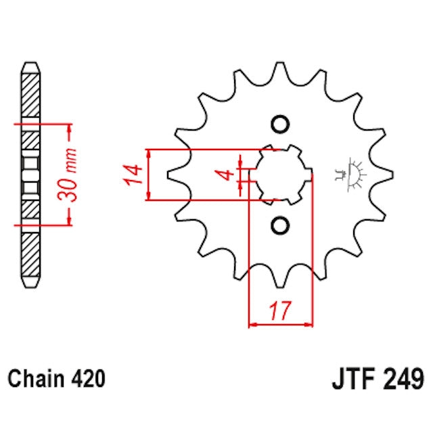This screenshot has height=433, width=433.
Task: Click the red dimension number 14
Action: coord(133,175)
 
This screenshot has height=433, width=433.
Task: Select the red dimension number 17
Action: coord(281,312)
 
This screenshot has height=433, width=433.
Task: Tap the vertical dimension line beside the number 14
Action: coord(148,175)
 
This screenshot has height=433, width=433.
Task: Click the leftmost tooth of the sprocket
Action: coord(173,174)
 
